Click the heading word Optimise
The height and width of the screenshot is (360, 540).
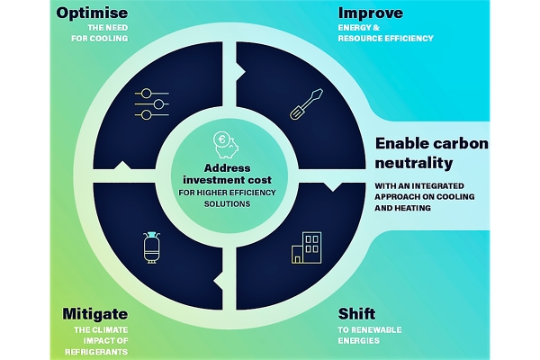pos(92,13)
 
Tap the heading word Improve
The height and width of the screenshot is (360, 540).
pos(371,13)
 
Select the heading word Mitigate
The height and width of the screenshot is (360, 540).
pos(95,314)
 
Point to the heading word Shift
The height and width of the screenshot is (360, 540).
pos(356,314)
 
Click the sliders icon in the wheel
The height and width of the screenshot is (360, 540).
pos(152,104)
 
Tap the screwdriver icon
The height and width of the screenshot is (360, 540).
pos(307,104)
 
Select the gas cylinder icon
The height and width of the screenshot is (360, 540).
pos(151,247)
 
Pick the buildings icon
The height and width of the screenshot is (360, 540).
pos(307,247)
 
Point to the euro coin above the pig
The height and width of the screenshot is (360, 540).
pos(221,139)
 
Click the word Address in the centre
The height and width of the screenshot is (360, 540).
pos(228,168)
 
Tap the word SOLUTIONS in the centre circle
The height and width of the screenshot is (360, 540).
pos(228,204)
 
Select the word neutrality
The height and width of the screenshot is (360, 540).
pos(414,163)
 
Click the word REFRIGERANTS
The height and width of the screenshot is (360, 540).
pos(96,352)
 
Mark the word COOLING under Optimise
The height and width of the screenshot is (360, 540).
pos(107,38)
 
